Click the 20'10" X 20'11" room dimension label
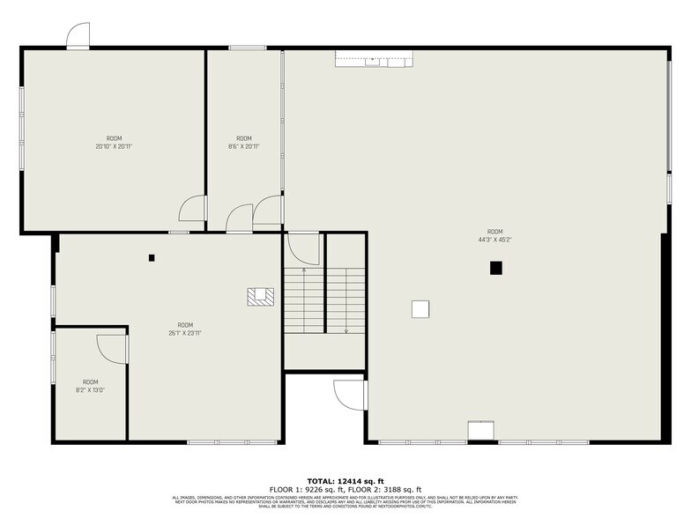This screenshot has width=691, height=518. tap(114, 145)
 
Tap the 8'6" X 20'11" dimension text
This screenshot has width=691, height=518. tap(243, 145)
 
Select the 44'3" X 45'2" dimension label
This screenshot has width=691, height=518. tap(495, 239)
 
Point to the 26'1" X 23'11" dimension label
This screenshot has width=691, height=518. tap(185, 332)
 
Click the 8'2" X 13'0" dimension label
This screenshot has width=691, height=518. tap(90, 388)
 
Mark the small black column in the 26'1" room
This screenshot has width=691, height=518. tap(152, 258)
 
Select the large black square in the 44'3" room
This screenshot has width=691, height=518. tap(496, 268)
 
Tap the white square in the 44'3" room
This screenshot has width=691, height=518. tap(420, 308)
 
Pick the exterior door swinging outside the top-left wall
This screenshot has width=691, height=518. tap(78, 36)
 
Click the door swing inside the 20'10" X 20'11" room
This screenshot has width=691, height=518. tap(193, 209)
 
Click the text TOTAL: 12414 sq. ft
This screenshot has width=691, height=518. tap(345, 481)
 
